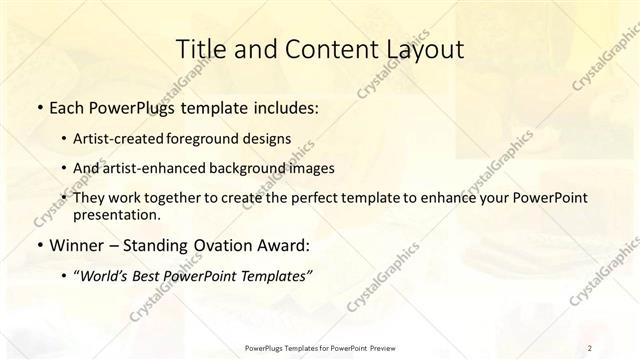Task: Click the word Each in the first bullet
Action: pyautogui.click(x=65, y=107)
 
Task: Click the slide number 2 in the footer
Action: pyautogui.click(x=591, y=347)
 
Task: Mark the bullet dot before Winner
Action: pyautogui.click(x=38, y=245)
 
